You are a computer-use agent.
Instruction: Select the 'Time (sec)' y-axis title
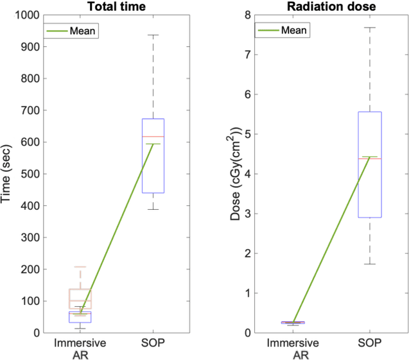[8, 174]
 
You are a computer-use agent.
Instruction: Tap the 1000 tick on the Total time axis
[28, 15]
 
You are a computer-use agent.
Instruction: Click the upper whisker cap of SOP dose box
[369, 28]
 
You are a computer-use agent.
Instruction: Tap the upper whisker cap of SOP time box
[152, 35]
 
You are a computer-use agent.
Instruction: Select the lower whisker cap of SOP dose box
[369, 264]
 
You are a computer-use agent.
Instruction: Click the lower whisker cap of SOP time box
[152, 209]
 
